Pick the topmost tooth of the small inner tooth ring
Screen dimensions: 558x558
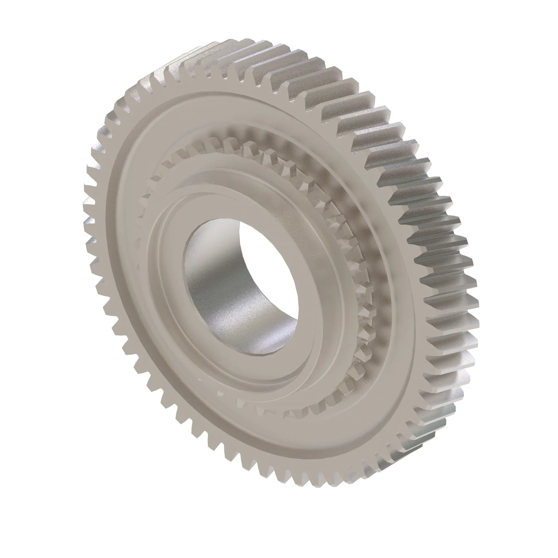[x=231, y=141]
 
